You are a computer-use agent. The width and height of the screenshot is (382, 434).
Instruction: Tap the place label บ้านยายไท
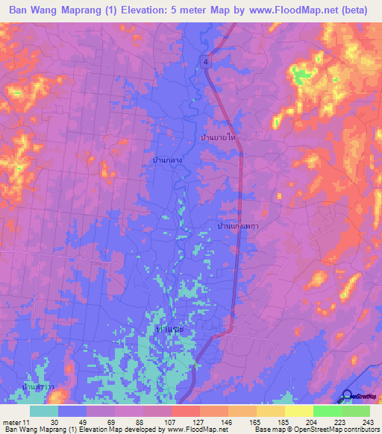point(224,139)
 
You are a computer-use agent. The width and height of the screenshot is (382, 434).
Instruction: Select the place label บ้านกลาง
point(167,160)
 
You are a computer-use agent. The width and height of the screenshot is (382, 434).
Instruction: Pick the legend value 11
point(27,422)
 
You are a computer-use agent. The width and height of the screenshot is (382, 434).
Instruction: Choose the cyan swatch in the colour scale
point(44,411)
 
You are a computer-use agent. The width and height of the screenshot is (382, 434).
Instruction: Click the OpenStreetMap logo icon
point(347,395)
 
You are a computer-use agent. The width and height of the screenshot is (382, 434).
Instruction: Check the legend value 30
point(54,422)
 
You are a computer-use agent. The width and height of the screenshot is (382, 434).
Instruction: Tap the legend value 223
point(339,422)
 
